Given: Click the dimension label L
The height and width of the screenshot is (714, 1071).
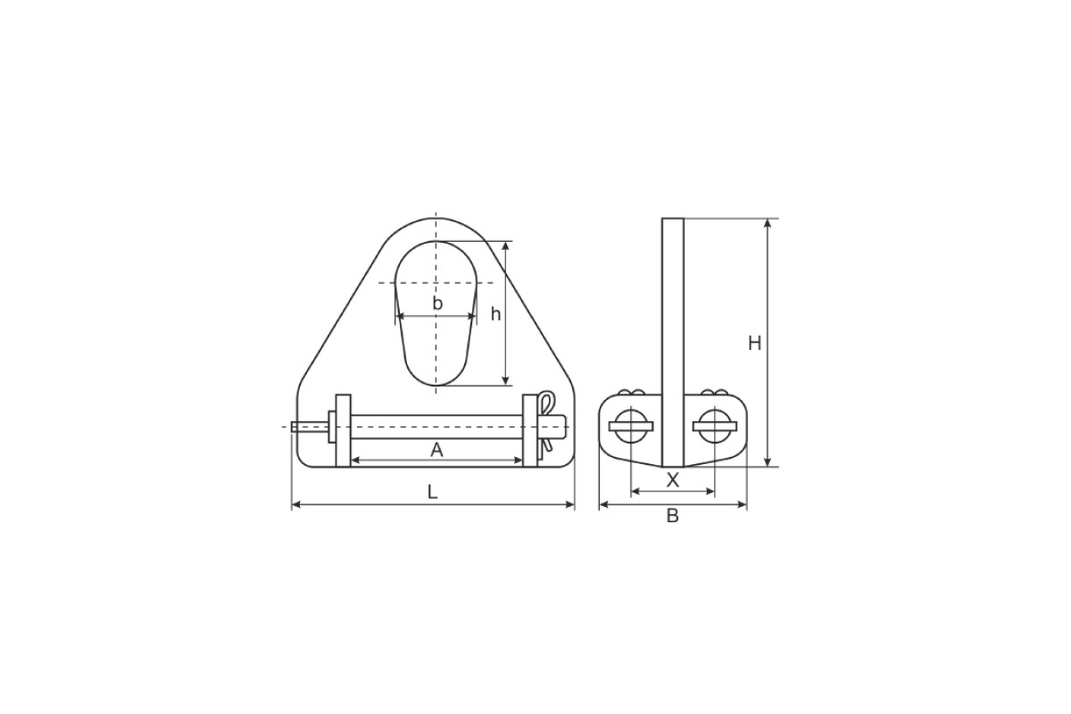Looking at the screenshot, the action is coord(432,492).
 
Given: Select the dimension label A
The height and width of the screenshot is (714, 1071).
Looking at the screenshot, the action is coord(436,450).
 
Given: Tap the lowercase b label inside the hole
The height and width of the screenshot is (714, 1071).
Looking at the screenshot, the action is coord(437,303).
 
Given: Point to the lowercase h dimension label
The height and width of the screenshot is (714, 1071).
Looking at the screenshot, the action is coord(496,314).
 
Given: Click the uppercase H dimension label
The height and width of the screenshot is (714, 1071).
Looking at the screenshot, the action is coord(754,344).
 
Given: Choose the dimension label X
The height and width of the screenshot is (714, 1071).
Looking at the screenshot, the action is coord(673,479).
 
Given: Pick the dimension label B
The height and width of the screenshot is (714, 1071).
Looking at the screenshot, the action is coord(673,516).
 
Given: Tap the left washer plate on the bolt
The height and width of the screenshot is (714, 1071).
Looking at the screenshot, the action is coord(343,430).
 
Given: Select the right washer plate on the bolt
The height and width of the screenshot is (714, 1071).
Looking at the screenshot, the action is coord(530,430).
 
